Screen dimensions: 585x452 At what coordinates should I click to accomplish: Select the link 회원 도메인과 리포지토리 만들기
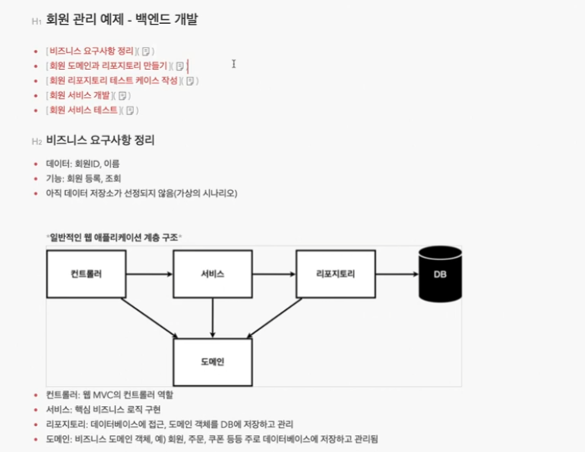point(107,66)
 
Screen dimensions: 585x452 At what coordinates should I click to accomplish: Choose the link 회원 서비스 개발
point(79,95)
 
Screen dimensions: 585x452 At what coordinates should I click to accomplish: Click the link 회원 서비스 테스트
point(83,110)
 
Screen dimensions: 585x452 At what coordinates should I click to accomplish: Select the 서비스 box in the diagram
point(212,274)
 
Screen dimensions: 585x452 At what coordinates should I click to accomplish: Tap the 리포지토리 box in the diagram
point(336,274)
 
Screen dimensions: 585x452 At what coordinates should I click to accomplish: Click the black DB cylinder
point(439,274)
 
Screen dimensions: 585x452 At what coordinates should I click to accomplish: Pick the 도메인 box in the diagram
point(212,361)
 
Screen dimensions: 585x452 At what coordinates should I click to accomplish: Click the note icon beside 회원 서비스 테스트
point(130,111)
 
